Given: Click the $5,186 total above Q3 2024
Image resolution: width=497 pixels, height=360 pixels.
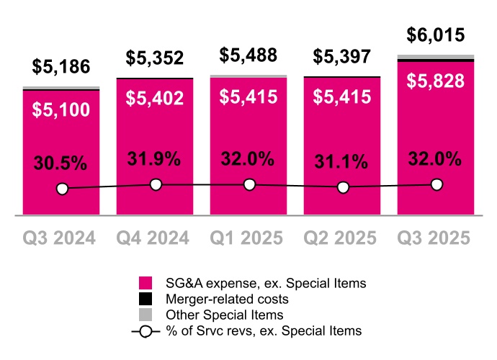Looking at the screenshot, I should point(61,68).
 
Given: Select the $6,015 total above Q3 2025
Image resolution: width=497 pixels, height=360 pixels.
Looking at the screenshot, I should point(436,35).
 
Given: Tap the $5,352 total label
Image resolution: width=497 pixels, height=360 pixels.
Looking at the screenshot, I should point(155,58).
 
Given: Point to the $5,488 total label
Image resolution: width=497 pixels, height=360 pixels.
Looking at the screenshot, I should point(248,55).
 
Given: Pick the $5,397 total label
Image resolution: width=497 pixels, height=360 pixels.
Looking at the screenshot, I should point(342,57).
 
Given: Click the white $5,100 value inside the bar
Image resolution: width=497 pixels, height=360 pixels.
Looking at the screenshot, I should point(61,110).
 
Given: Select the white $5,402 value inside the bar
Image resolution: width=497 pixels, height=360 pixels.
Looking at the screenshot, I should point(155,97).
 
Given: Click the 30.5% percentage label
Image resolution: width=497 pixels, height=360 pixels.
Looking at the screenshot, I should point(61,163).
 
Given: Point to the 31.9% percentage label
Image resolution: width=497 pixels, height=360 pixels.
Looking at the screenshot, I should point(155,159).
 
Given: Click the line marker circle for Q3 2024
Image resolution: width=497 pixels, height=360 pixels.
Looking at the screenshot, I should point(62,189).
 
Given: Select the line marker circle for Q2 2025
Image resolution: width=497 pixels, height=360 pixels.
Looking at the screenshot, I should point(343,187).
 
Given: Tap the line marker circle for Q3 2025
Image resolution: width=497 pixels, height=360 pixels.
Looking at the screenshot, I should point(436,185).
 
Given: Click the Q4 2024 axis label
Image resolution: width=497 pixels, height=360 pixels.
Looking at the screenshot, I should point(155,237).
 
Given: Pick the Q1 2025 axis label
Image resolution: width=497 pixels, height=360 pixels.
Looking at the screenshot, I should point(248,237).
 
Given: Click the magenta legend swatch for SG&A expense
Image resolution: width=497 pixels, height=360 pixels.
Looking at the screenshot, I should point(145,283).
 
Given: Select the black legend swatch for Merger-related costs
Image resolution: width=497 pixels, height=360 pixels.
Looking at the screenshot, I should point(145,299).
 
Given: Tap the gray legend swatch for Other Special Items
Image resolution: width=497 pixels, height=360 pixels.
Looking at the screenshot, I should point(145,315).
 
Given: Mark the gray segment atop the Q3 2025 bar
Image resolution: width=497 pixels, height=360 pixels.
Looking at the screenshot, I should point(436,57).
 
